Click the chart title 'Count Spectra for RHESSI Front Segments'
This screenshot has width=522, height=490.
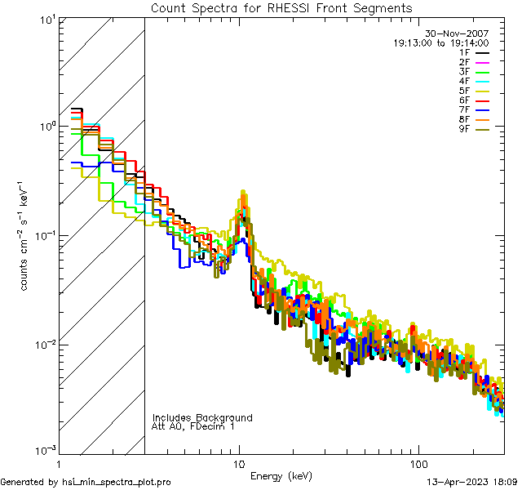point(281,7)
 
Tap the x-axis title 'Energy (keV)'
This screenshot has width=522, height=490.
point(281,476)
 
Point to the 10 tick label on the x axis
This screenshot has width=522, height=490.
point(239,462)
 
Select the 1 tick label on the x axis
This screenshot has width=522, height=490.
point(60,462)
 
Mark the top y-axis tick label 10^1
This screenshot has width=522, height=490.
point(46,19)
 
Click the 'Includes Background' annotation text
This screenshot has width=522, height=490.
point(202,417)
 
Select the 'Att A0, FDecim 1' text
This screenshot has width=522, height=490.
point(192,426)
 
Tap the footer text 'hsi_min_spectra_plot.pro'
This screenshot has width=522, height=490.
point(117,483)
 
